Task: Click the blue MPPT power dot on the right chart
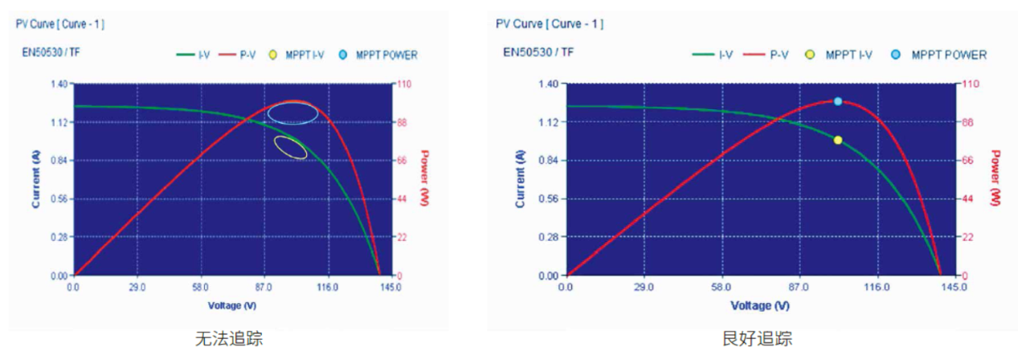838,101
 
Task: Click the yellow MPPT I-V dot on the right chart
838,141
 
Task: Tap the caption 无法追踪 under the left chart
229,339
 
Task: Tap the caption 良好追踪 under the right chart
758,339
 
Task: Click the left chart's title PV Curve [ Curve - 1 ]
60,24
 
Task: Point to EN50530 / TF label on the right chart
538,52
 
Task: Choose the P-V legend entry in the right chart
766,55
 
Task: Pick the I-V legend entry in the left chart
193,55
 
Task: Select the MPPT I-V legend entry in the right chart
838,55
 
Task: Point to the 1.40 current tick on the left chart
59,84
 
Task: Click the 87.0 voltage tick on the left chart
264,288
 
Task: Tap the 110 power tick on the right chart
971,84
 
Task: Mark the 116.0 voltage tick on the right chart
877,288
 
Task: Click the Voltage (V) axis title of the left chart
232,305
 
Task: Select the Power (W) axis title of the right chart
995,178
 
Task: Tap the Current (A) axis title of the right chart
520,179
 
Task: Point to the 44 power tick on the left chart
402,199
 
